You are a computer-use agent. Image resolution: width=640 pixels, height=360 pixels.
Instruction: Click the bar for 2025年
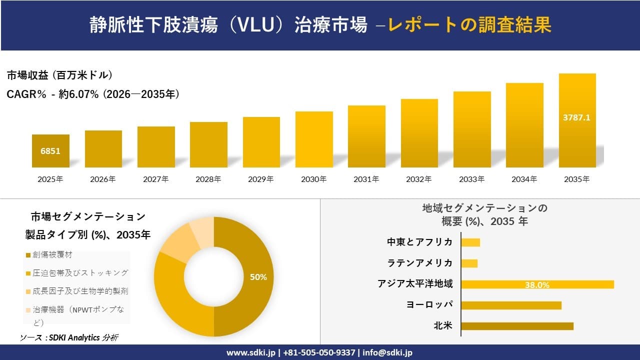coord(50,151)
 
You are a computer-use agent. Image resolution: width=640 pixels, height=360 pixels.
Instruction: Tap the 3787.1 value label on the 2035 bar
coord(576,117)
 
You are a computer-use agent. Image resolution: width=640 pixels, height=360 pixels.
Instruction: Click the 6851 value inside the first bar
coord(50,150)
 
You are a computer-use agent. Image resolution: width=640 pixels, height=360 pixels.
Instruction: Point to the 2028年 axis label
coord(208,179)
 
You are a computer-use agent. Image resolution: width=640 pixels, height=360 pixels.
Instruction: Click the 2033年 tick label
coord(471,179)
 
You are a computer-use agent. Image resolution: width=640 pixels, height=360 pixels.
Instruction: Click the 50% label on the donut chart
coord(258,277)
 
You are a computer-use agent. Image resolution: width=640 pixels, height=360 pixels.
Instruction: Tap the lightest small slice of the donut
coord(202,232)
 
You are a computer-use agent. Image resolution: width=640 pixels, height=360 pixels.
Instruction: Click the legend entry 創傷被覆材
coord(52,254)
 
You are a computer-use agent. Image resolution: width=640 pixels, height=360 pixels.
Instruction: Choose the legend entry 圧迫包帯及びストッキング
coord(80,272)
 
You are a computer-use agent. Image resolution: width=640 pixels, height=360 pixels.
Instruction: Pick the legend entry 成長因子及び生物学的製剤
coord(80,291)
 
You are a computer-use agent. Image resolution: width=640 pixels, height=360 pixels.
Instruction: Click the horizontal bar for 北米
coord(517,326)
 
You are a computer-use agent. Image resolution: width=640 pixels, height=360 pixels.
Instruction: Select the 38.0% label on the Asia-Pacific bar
coord(537,285)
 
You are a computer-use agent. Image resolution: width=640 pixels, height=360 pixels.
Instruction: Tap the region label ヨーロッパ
coord(429,305)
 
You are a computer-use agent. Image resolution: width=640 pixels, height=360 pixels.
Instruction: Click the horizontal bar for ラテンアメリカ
coord(469,263)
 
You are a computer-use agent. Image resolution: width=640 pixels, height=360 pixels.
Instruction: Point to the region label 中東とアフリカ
coord(419,242)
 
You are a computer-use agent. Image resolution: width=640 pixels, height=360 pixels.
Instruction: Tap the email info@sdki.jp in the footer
coord(387,352)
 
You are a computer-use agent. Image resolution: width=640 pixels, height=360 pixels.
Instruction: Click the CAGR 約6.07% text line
coord(93,94)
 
